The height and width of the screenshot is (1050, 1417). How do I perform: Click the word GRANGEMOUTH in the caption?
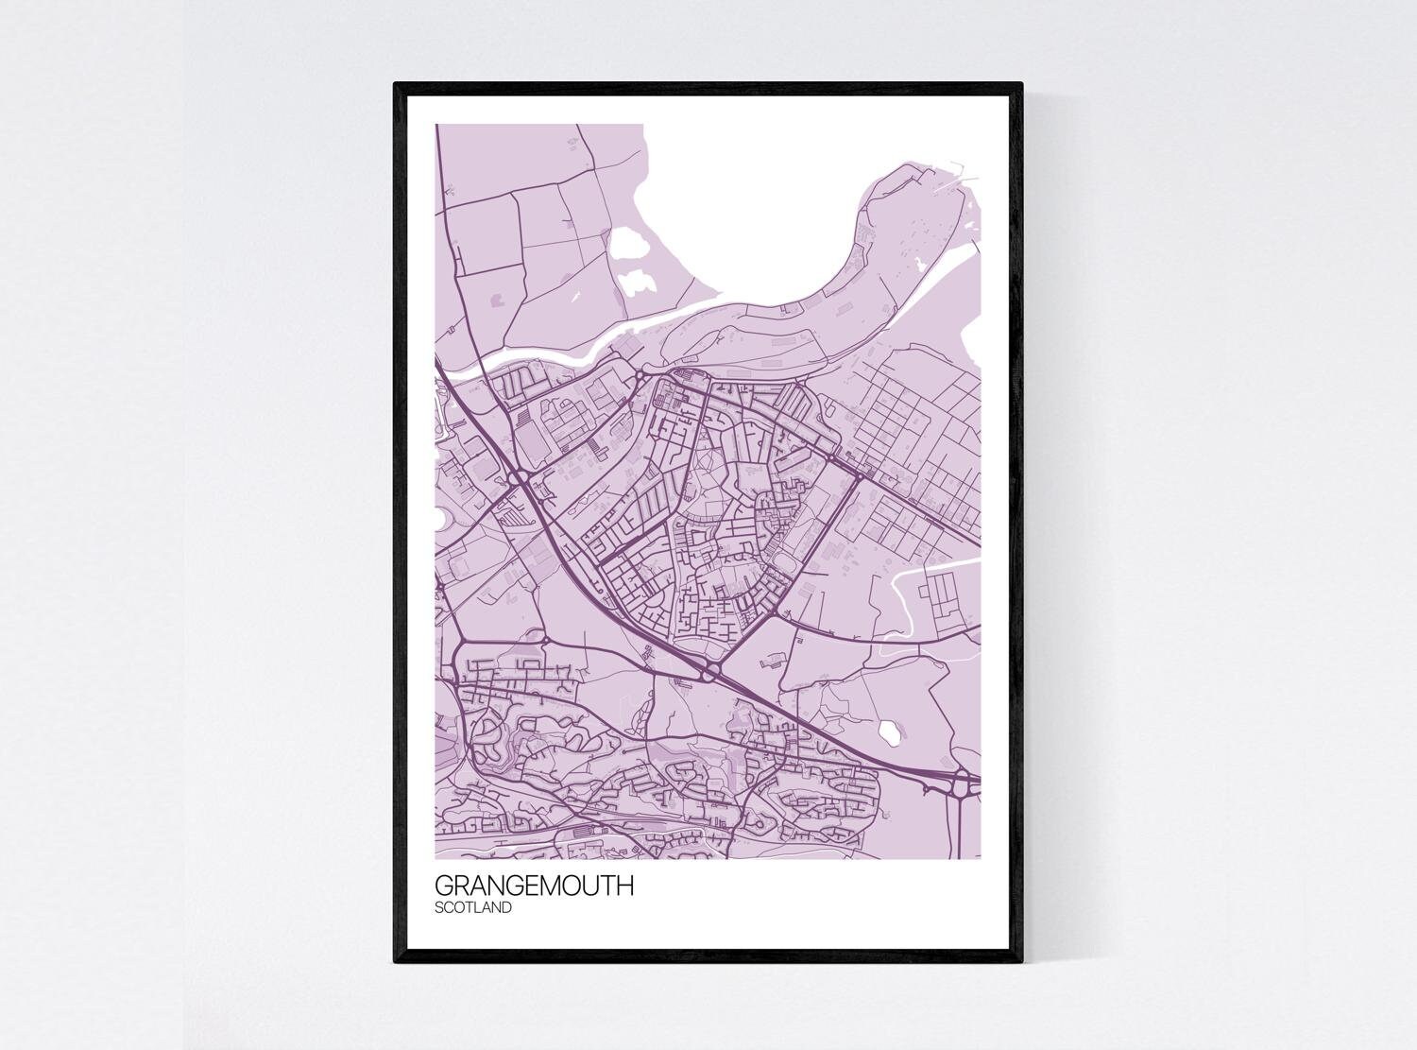coord(534,887)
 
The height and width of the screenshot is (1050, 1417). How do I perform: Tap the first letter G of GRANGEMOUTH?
coord(444,887)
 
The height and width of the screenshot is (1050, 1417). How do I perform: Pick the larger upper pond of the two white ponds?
coord(628,245)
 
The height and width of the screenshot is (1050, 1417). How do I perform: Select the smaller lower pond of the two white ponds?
coord(640,282)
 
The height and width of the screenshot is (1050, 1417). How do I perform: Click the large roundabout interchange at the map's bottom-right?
coord(964,782)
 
